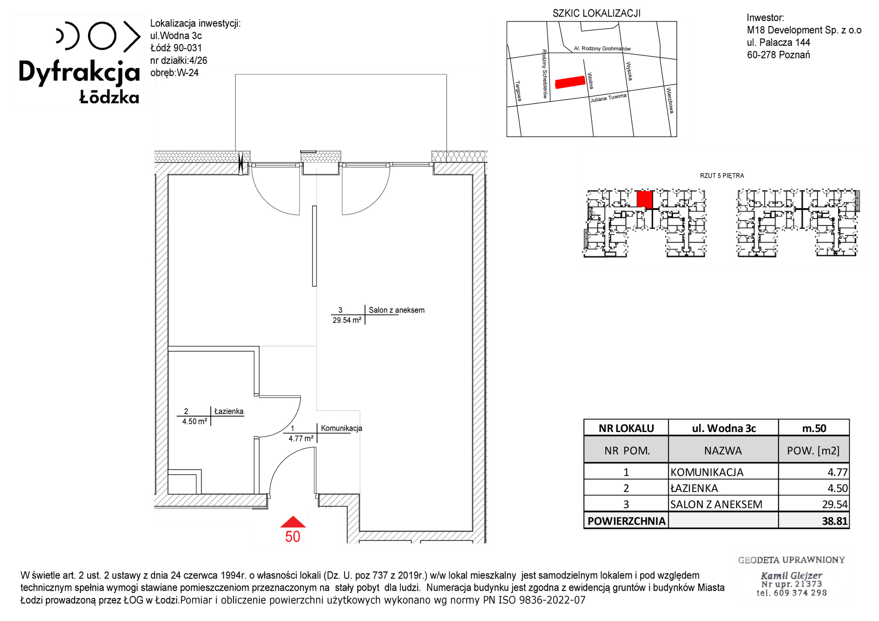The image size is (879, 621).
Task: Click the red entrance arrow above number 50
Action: pyautogui.click(x=293, y=522)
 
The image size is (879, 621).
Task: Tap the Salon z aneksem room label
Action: pyautogui.click(x=396, y=310)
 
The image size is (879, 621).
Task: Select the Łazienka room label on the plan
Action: pyautogui.click(x=229, y=411)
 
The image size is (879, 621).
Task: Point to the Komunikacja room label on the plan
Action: pyautogui.click(x=341, y=428)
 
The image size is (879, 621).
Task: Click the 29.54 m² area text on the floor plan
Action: pyautogui.click(x=347, y=320)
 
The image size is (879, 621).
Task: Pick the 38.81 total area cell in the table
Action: pyautogui.click(x=835, y=521)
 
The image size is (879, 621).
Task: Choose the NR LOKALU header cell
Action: pyautogui.click(x=626, y=428)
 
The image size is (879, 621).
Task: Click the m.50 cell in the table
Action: pyautogui.click(x=814, y=428)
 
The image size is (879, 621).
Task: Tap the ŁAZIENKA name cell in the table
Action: pyautogui.click(x=694, y=488)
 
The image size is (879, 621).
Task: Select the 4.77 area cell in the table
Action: pyautogui.click(x=837, y=472)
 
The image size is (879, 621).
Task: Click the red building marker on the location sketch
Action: pyautogui.click(x=570, y=82)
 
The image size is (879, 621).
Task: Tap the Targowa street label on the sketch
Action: pyautogui.click(x=519, y=91)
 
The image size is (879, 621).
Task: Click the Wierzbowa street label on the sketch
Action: pyautogui.click(x=670, y=101)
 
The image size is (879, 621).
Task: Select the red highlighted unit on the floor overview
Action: pyautogui.click(x=645, y=199)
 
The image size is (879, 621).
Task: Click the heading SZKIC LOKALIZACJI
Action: pyautogui.click(x=596, y=14)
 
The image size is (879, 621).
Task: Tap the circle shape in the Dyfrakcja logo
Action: pyautogui.click(x=102, y=35)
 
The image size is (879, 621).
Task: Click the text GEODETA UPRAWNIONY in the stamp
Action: pyautogui.click(x=791, y=560)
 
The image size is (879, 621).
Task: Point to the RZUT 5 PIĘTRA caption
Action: pyautogui.click(x=722, y=176)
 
